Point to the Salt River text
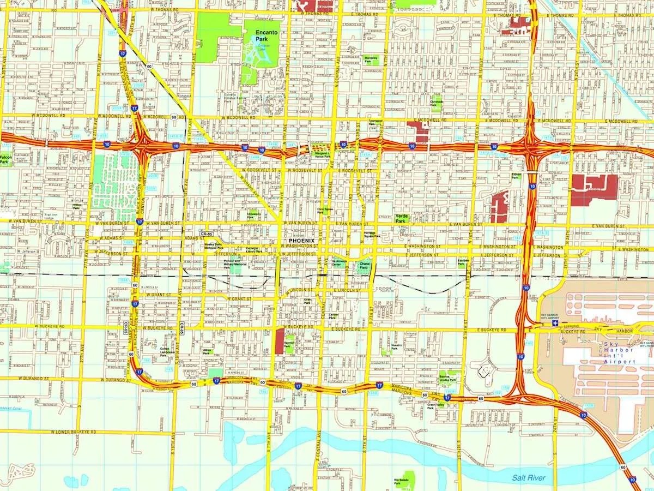click(528, 478)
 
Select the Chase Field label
click(364, 266)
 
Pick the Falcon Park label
click(4, 159)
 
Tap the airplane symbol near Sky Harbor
click(555, 323)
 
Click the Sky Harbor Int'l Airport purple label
click(619, 353)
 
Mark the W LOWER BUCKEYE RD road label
click(73, 432)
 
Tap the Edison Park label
click(515, 176)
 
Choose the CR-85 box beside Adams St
click(205, 233)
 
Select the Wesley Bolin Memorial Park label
click(213, 245)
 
